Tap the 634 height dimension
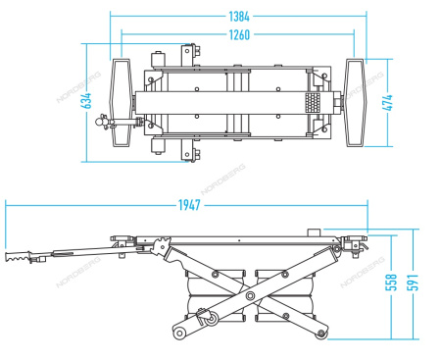[87, 101]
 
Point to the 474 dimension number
[388, 101]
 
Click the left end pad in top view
[122, 101]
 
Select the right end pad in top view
[356, 101]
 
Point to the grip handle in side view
[19, 260]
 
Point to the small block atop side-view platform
[315, 231]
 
